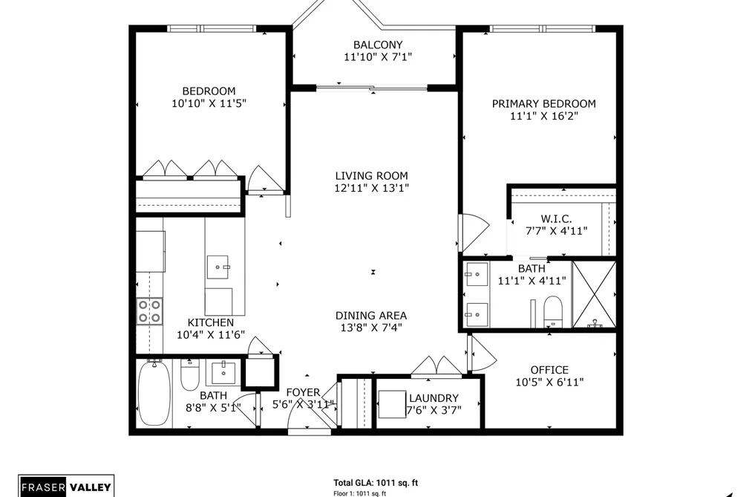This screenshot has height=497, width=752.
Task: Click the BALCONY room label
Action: pos(378,45)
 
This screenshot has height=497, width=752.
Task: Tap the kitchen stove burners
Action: pos(149,311)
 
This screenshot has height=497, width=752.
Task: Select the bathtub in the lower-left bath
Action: pos(154,394)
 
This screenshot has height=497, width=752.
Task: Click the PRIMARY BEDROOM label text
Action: pos(544,103)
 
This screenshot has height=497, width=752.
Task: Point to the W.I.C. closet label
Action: pos(556,218)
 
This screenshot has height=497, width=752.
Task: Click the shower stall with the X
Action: pos(594,294)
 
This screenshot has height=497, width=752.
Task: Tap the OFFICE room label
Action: pos(549,370)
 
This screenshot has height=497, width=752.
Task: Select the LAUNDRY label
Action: pos(434,397)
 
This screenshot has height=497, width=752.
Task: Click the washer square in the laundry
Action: pos(392,404)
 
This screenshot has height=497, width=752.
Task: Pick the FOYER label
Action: pos(303,392)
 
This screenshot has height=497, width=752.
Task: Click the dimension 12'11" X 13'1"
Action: pos(372,187)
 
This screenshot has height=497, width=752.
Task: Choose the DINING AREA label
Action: pos(371,315)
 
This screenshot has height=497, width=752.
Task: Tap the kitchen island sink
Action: pos(218,267)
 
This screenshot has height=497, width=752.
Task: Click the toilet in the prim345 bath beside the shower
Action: pos(553,310)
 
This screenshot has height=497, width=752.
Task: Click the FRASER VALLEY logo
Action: pos(66,486)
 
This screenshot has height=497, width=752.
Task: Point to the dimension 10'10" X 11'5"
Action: pos(209,103)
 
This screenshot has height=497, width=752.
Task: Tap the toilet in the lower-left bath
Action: pos(189,375)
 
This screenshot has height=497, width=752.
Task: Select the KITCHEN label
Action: pos(211,322)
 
